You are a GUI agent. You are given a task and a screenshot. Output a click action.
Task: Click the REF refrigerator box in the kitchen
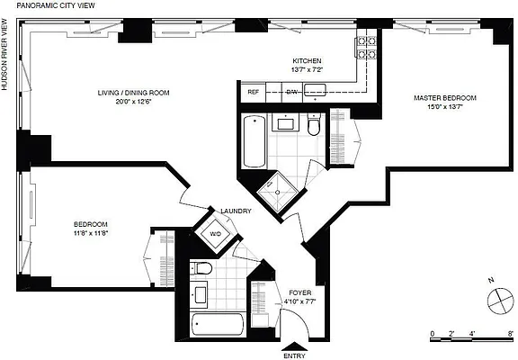[254, 91]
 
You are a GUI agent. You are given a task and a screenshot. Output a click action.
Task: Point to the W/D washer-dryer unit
[217, 236]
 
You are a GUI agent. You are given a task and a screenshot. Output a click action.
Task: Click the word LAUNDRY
[236, 211]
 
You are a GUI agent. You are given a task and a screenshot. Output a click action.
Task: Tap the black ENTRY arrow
[294, 346]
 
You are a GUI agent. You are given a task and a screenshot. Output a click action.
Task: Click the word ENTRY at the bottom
[294, 355]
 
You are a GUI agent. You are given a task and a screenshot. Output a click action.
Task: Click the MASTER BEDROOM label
[444, 97]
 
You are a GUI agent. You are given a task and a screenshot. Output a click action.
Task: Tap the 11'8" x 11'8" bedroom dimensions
[91, 233]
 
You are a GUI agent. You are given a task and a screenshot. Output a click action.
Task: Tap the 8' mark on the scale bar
[510, 333]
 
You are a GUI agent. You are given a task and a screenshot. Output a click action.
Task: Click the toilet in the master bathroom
[312, 126]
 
